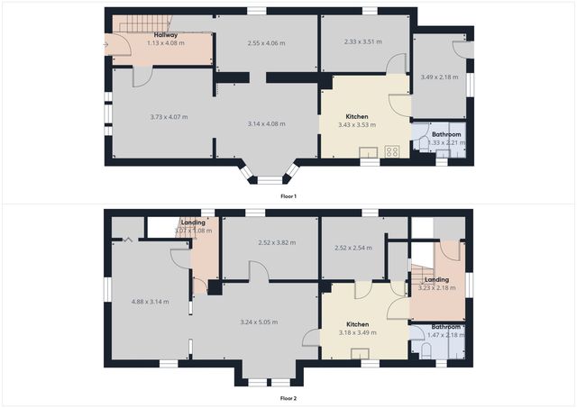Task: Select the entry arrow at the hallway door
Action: pos(107,43)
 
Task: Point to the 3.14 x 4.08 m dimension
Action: pos(267,123)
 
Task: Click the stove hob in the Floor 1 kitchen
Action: pos(392,151)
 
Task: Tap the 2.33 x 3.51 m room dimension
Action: pos(363,41)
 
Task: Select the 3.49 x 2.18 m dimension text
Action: pos(439,77)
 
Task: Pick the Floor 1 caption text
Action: pos(288,195)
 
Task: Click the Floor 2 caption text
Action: pos(288,397)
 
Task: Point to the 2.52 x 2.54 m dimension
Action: pos(353,248)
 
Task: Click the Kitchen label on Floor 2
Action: pos(358,324)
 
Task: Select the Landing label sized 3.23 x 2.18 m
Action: pos(436,279)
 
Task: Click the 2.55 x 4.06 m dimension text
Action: pos(266,41)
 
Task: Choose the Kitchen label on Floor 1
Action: pos(357,116)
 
